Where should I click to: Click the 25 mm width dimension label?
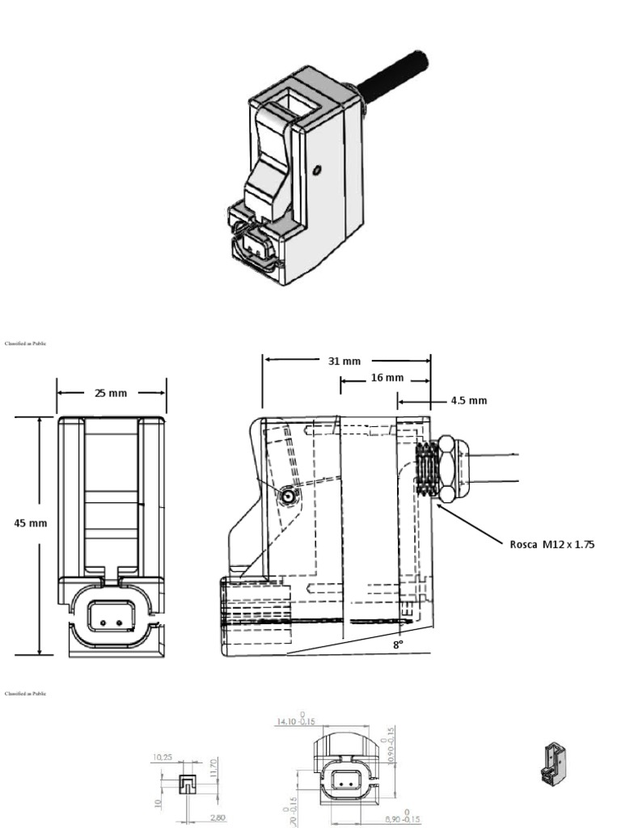(x=111, y=393)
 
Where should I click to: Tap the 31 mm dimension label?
(x=344, y=361)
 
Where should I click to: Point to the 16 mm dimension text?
(x=387, y=378)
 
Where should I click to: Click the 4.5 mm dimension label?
(x=469, y=399)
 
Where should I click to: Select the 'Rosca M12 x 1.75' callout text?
(x=551, y=544)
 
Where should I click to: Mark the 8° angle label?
(x=397, y=644)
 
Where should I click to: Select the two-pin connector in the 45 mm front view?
(x=108, y=616)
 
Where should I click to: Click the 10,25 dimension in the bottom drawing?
(x=163, y=758)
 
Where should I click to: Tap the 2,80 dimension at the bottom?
(x=217, y=818)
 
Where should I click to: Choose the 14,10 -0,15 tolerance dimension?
(x=295, y=720)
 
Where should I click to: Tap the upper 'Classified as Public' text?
(x=25, y=344)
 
